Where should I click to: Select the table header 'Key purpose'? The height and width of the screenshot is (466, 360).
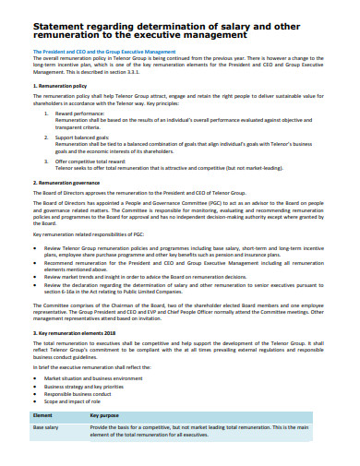105,417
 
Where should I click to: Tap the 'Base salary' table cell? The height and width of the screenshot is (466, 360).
47,429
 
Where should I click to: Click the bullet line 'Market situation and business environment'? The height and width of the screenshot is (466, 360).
102,377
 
